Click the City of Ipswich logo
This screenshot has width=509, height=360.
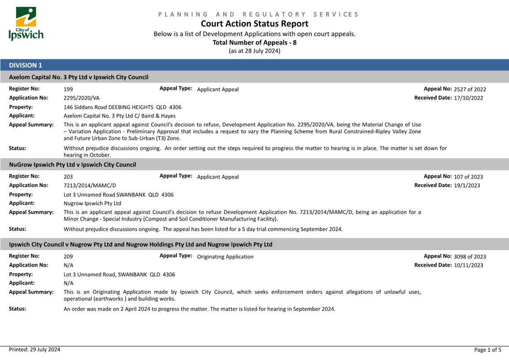click(x=26, y=24)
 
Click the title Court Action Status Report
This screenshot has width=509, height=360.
click(x=254, y=24)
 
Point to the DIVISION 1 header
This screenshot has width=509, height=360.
click(x=26, y=65)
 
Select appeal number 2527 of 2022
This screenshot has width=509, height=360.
click(x=470, y=90)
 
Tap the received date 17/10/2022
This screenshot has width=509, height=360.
click(x=468, y=98)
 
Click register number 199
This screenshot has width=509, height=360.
click(x=68, y=90)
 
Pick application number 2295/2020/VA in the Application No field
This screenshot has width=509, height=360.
click(x=82, y=98)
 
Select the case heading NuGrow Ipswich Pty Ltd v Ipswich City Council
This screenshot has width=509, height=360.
click(x=72, y=165)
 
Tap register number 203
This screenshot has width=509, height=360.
click(x=68, y=177)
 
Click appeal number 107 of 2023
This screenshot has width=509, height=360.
click(x=468, y=177)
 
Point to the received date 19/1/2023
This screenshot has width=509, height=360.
click(x=467, y=185)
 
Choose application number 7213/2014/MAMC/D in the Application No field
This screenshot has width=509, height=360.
click(x=90, y=185)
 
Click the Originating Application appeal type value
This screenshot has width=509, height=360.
click(x=225, y=257)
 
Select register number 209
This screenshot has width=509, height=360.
click(x=68, y=257)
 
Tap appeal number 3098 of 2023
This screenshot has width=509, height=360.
click(x=470, y=257)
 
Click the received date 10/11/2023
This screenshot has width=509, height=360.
click(x=468, y=265)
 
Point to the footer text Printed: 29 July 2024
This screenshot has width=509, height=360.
click(x=35, y=350)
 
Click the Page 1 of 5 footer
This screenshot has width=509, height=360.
click(x=487, y=350)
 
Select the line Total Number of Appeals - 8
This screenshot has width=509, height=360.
click(x=254, y=42)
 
